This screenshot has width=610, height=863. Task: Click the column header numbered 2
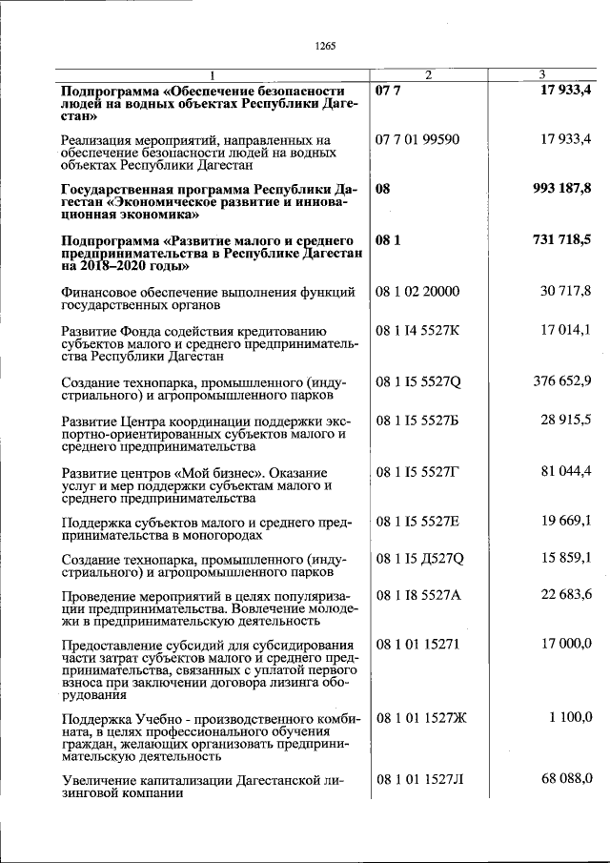click(428, 74)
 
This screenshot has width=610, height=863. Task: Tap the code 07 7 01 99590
click(417, 139)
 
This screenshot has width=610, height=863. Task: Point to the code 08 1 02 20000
click(417, 291)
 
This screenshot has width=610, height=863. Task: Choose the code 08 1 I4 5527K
click(417, 331)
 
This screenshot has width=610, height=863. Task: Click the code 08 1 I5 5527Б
click(417, 421)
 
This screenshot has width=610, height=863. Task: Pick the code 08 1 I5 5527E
click(417, 522)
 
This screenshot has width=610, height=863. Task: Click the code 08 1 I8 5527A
click(417, 596)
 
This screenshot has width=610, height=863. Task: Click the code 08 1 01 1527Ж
click(420, 716)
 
